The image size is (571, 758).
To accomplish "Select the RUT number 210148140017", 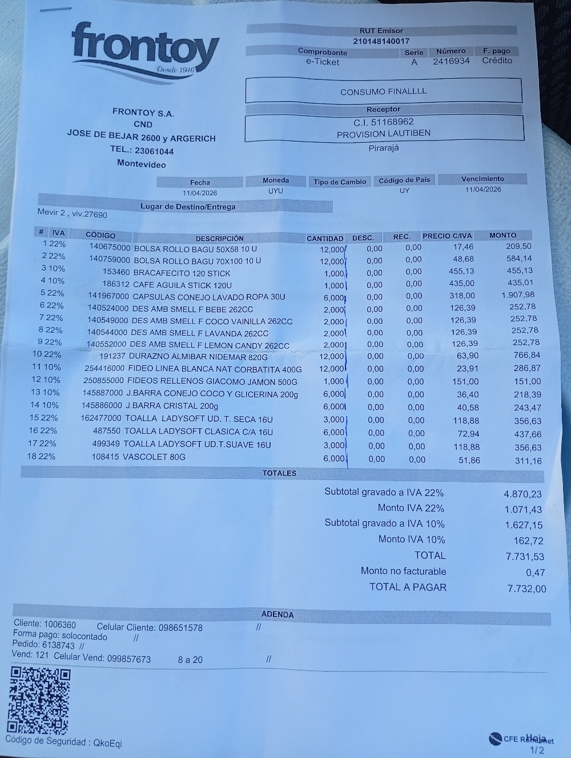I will click(381, 41).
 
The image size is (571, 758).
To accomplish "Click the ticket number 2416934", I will click(451, 61).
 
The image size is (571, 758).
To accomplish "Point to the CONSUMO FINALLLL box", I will click(383, 91).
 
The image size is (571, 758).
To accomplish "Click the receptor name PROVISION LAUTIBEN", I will click(383, 134).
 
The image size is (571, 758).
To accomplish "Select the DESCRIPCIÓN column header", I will click(219, 238).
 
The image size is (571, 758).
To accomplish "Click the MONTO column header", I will click(502, 235).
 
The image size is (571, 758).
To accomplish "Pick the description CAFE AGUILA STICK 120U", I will click(182, 285).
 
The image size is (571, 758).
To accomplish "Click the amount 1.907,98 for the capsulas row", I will click(518, 295).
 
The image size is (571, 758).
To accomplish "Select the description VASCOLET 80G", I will click(154, 457).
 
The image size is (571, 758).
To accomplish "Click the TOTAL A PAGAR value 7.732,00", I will click(526, 588).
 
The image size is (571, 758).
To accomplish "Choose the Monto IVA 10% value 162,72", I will click(528, 541).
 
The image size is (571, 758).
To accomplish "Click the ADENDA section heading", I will click(277, 615).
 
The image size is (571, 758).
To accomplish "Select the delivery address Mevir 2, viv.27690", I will click(72, 213).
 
